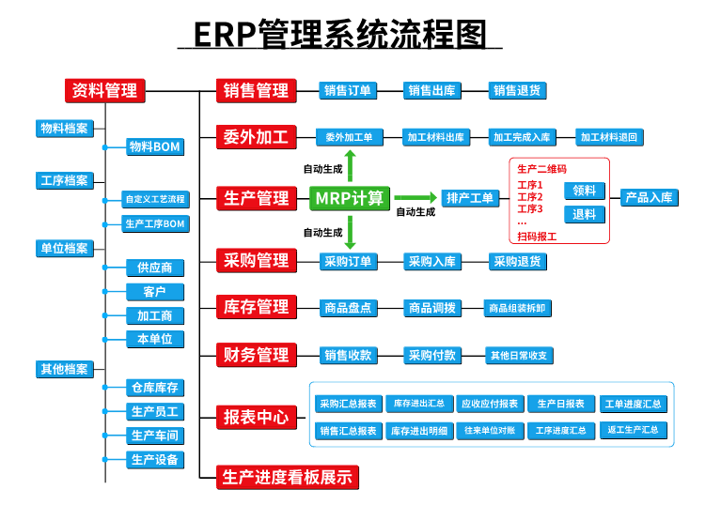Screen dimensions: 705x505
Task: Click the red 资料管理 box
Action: (x=104, y=91)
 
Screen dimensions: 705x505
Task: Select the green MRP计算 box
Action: (x=350, y=198)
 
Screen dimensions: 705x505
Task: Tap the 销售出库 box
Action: (x=432, y=91)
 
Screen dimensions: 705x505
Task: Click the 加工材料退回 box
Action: (x=609, y=137)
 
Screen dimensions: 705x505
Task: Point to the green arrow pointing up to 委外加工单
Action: (x=351, y=166)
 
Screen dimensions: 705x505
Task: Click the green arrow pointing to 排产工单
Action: (x=415, y=197)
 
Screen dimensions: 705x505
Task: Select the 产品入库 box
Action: (x=650, y=197)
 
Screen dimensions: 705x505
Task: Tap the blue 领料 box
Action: (x=585, y=191)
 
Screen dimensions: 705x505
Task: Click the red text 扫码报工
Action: (x=537, y=237)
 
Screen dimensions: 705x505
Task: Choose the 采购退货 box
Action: (x=518, y=262)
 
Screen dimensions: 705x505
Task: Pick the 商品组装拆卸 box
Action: (x=518, y=309)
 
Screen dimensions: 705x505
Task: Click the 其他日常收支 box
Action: (x=519, y=356)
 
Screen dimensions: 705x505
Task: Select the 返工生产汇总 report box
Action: (x=634, y=430)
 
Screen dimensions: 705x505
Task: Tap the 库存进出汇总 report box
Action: (x=419, y=404)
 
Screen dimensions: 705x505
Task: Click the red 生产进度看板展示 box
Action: (x=288, y=477)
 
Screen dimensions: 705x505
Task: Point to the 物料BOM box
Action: (x=155, y=146)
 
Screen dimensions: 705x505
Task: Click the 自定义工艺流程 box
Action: (x=155, y=199)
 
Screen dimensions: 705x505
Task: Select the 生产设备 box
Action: (x=155, y=460)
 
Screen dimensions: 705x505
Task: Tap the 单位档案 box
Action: (x=65, y=248)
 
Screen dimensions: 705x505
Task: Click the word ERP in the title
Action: (x=225, y=35)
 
